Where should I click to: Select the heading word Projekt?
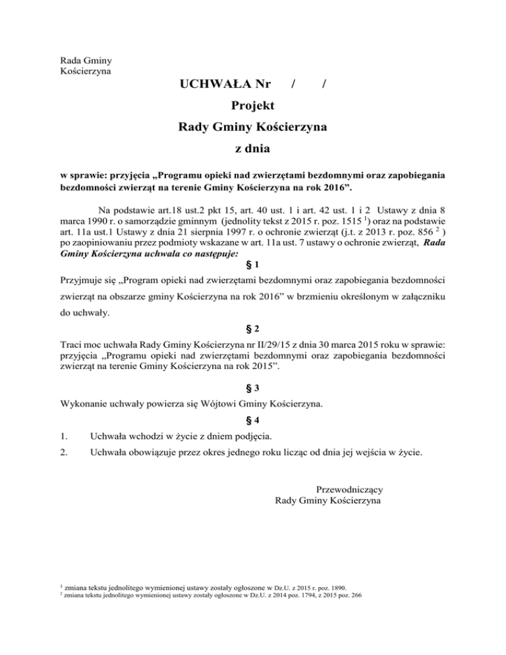pos(253,105)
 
